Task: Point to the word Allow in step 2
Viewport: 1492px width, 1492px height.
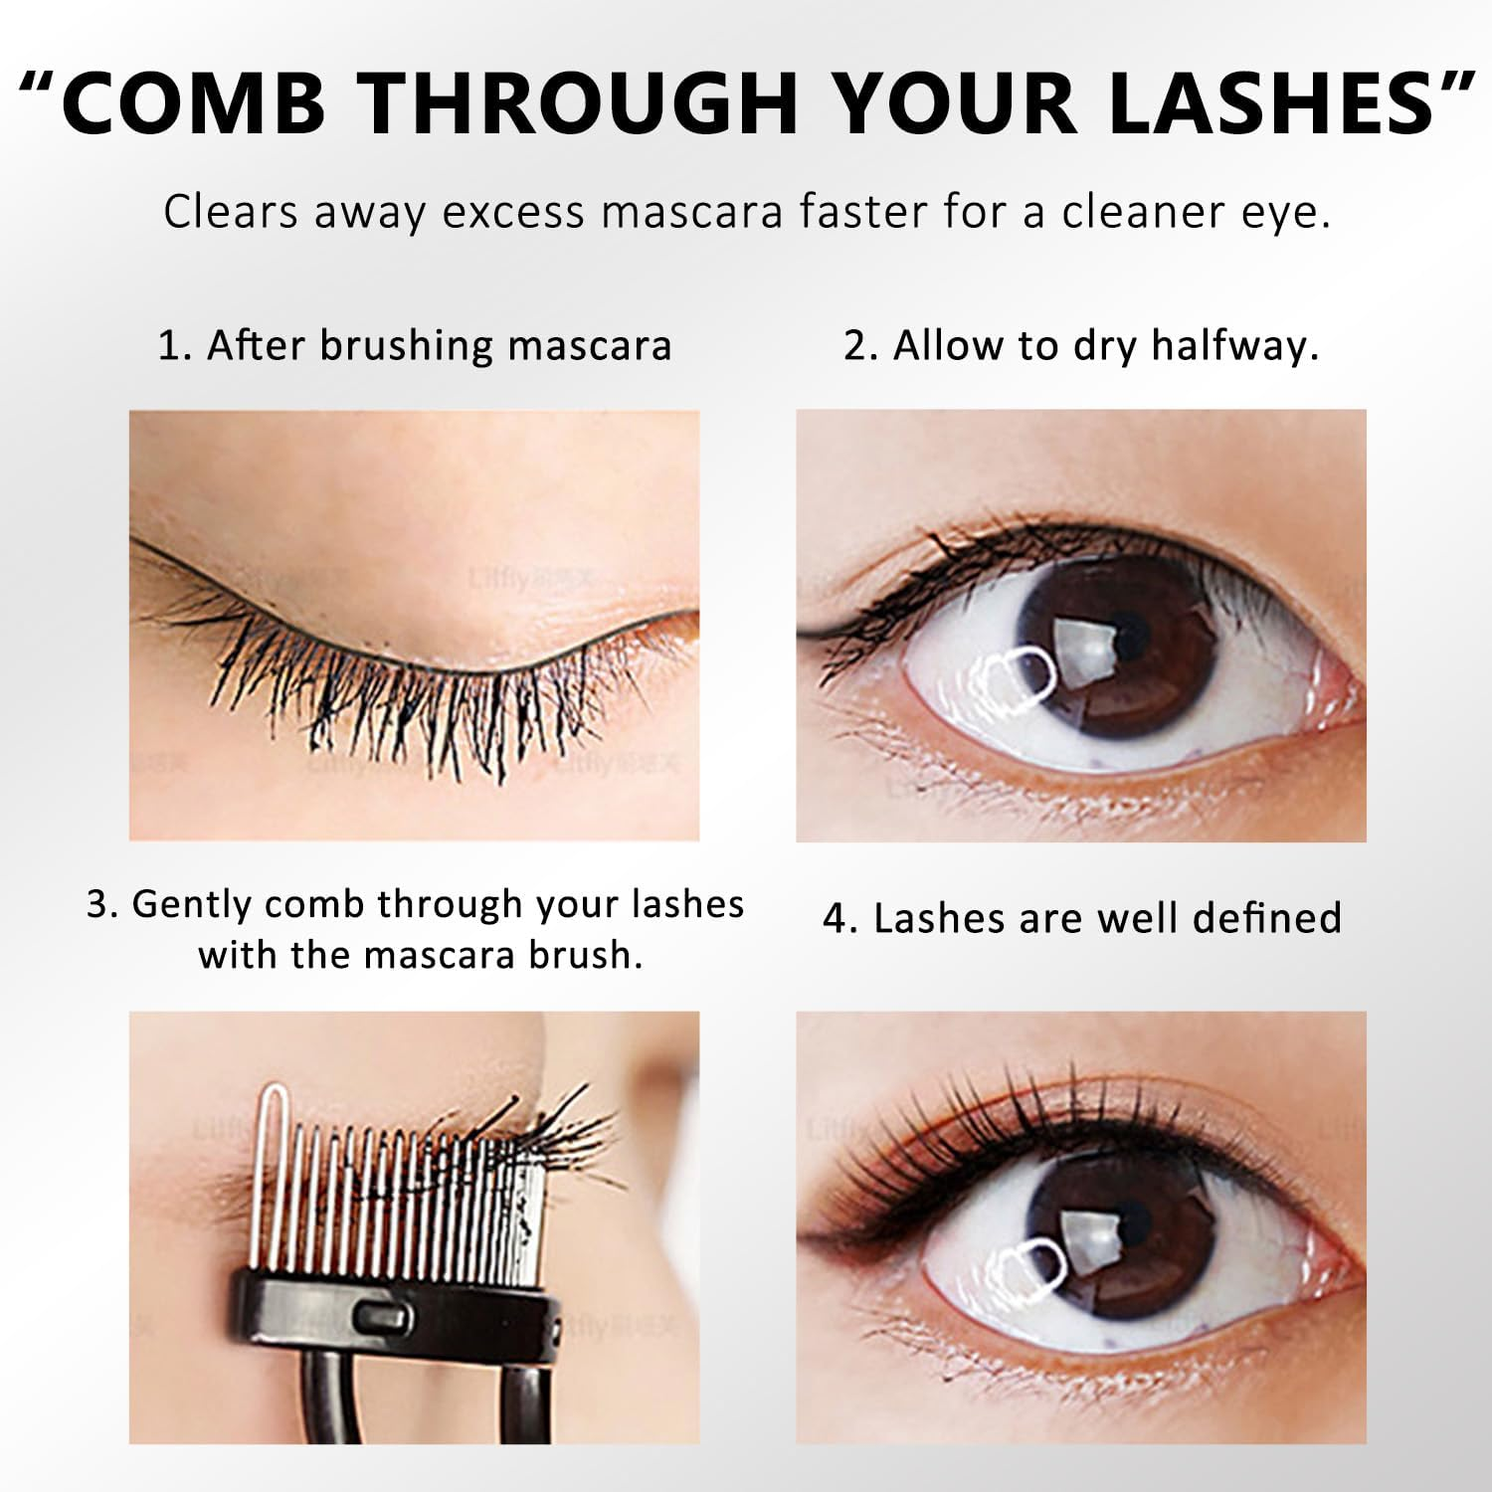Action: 948,346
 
